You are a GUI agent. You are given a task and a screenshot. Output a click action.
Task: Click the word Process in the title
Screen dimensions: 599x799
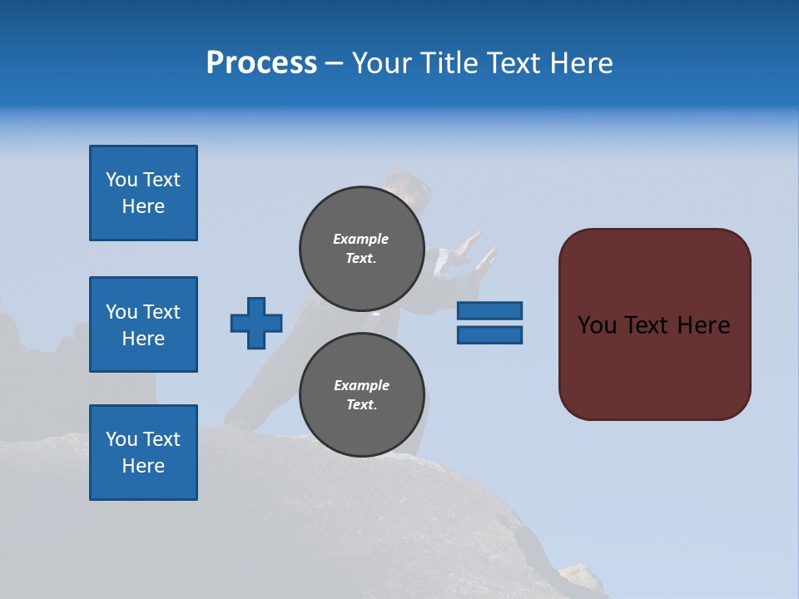tap(261, 63)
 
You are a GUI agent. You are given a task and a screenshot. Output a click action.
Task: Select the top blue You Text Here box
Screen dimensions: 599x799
tap(143, 193)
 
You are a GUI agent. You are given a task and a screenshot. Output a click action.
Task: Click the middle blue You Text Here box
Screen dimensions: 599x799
tap(143, 324)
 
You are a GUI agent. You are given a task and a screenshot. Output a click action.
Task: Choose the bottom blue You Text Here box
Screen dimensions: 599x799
tap(143, 453)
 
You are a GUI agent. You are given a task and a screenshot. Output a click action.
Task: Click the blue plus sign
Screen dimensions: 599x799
tap(256, 323)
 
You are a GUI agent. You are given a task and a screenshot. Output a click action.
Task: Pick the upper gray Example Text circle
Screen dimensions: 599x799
tap(361, 249)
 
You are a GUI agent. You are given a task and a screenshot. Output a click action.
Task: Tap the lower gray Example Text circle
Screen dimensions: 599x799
tap(361, 395)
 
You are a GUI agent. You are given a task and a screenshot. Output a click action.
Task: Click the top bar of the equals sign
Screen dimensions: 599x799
tap(489, 310)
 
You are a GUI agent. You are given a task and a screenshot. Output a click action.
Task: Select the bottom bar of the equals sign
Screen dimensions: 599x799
tap(489, 334)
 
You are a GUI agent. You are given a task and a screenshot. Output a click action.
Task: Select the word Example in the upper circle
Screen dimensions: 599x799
tap(361, 239)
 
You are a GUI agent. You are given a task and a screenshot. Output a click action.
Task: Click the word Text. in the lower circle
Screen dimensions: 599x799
tap(361, 405)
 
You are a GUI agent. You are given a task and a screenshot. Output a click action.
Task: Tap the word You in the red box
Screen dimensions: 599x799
tap(597, 325)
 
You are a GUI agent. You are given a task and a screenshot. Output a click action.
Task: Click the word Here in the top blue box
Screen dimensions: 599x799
tap(143, 206)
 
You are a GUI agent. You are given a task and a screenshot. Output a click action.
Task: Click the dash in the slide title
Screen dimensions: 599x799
tap(335, 63)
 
